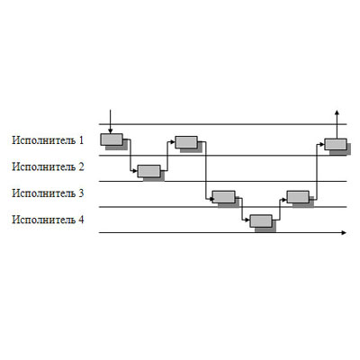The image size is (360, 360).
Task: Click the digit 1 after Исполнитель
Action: click(x=81, y=140)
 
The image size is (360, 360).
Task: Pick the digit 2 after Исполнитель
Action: click(x=81, y=166)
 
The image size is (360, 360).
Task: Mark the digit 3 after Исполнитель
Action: click(x=81, y=193)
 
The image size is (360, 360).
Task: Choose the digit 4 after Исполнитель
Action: click(x=81, y=220)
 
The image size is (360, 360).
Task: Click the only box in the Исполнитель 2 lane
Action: click(x=148, y=171)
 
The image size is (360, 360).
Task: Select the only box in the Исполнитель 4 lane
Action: click(x=261, y=221)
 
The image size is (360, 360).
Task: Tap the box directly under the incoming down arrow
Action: click(x=112, y=139)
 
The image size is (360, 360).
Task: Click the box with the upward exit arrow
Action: click(x=336, y=144)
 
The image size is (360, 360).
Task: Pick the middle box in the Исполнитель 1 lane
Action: click(x=186, y=142)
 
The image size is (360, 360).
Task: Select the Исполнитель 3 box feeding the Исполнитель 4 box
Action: click(x=223, y=197)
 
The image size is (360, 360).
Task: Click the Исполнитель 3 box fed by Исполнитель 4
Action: click(x=298, y=197)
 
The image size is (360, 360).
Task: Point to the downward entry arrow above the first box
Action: click(x=111, y=121)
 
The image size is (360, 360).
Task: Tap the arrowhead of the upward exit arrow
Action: click(x=337, y=112)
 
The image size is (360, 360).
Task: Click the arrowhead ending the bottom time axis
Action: click(x=344, y=232)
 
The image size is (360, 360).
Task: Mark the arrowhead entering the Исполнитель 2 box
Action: click(x=135, y=171)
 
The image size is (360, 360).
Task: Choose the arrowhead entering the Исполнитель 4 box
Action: click(x=247, y=220)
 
